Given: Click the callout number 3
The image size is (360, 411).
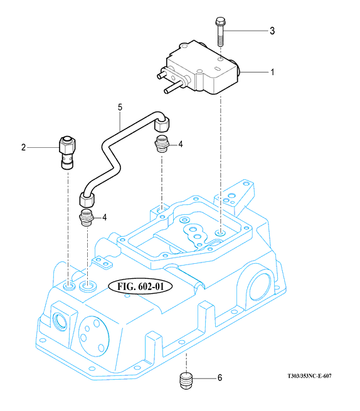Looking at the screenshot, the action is click(272, 31).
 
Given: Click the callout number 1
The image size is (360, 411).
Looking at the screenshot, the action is click(272, 72).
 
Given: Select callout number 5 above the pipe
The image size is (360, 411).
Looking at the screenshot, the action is click(120, 107).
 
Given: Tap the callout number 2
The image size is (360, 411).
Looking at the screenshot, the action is click(24, 147).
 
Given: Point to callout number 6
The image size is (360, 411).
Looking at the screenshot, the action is click(220, 378).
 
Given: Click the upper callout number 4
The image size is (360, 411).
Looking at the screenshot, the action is click(180, 144).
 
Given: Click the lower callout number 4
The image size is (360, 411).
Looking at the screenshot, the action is click(105, 217).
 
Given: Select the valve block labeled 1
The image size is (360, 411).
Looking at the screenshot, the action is click(199, 68).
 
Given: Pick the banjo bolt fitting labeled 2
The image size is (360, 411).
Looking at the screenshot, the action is click(67, 152).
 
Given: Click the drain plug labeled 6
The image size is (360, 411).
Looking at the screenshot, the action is click(186, 380).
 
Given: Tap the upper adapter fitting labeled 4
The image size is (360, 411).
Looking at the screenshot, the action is click(162, 144).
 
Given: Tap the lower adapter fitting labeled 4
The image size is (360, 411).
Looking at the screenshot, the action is click(86, 217).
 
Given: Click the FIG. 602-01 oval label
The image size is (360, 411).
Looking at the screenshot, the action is click(140, 286).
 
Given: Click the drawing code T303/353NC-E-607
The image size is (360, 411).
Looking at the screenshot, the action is click(310, 376).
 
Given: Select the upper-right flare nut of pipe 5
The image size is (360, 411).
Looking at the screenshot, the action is click(162, 124).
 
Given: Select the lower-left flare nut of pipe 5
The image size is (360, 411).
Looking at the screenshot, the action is click(87, 199).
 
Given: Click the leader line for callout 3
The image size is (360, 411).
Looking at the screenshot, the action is click(247, 31).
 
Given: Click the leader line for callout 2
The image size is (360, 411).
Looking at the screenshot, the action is click(43, 148).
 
